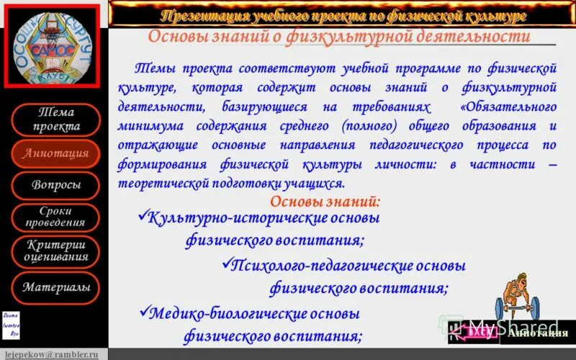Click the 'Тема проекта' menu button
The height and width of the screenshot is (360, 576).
click(56, 120)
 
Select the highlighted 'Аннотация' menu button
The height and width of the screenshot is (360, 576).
click(56, 153)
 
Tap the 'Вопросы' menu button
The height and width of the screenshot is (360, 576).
click(56, 185)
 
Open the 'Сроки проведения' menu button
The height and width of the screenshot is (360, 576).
click(56, 217)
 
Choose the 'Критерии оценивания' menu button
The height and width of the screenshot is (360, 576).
click(56, 251)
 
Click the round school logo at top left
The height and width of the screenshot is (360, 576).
click(53, 45)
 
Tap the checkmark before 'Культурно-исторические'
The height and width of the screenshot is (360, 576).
click(141, 215)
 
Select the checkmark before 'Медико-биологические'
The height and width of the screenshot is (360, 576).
click(142, 312)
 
